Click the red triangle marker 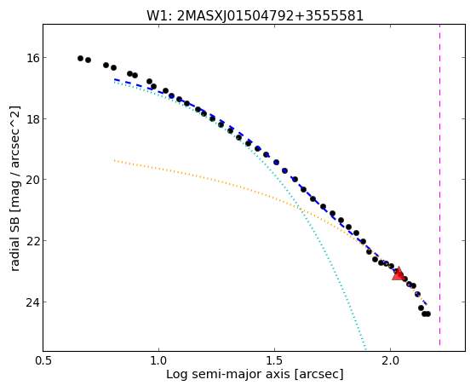[398, 274]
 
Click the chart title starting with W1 [255, 16]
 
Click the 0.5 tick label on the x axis [43, 360]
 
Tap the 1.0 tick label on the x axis [158, 360]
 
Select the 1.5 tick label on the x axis [274, 360]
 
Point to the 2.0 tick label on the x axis [390, 360]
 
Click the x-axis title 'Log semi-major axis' [227, 375]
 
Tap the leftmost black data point [80, 58]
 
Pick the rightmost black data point [427, 313]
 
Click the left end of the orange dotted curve [114, 160]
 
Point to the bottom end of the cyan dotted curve [366, 350]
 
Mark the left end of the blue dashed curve [114, 79]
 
